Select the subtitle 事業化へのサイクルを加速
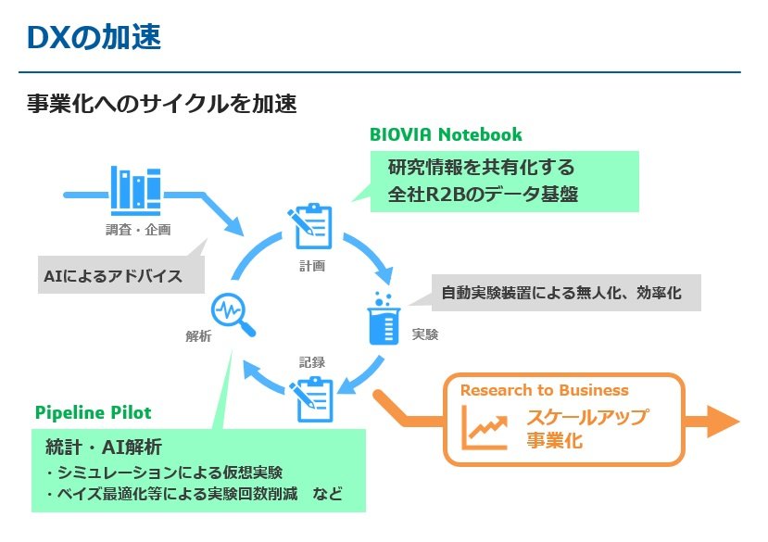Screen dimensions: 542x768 click(x=162, y=103)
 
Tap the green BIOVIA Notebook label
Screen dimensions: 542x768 click(x=446, y=134)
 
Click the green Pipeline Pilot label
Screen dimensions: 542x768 click(x=93, y=411)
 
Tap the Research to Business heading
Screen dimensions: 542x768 click(x=544, y=390)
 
